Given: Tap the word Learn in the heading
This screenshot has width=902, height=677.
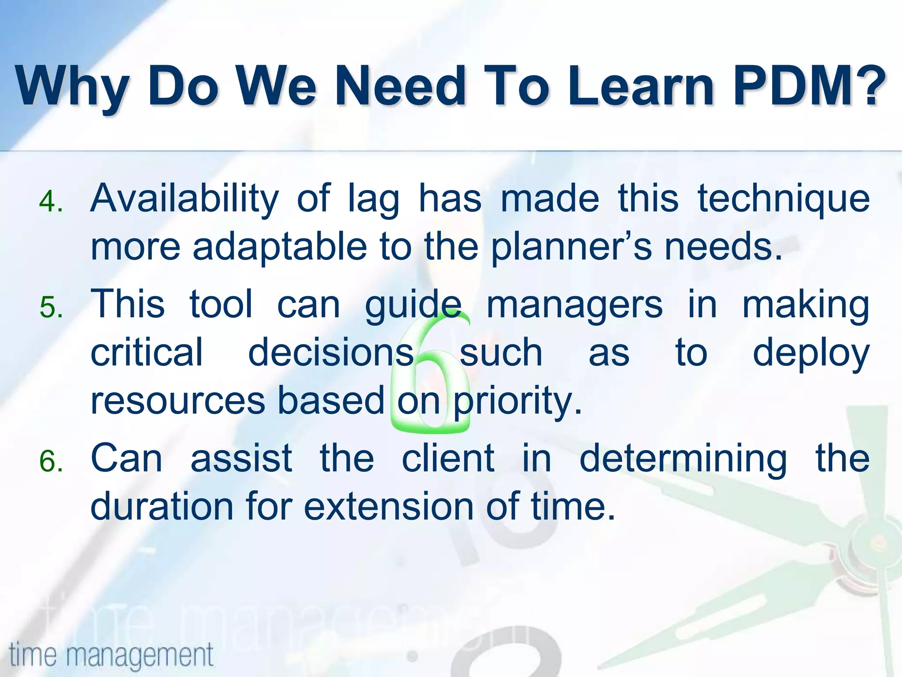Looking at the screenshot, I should pos(641,86).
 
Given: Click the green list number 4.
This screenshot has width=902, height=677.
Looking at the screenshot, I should pos(51,202).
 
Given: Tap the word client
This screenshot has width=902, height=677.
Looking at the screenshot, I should pos(448,459).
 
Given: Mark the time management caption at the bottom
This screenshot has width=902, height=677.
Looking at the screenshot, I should pos(111,655).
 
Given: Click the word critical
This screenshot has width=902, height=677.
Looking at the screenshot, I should pos(147,353).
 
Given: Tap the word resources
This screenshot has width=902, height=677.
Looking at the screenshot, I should pos(178,401).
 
